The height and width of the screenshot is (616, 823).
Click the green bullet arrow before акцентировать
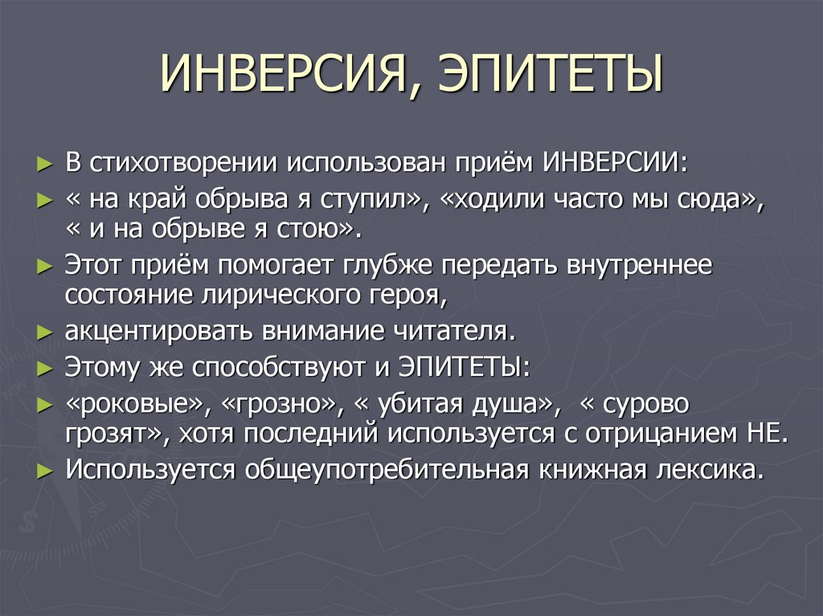tap(45, 331)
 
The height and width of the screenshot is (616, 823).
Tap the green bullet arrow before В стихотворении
tap(45, 162)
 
